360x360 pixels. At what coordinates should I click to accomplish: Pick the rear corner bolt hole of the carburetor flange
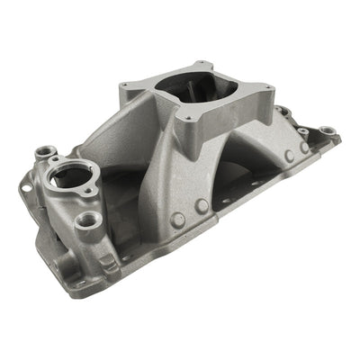(209, 65)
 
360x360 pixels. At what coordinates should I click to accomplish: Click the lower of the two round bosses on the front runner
(178, 219)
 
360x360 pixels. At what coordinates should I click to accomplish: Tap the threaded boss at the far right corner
(329, 131)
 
